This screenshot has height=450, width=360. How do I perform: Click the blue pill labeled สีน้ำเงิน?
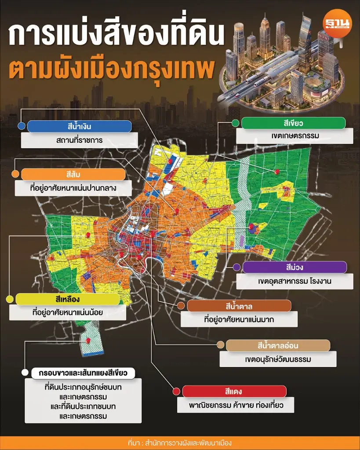(79, 127)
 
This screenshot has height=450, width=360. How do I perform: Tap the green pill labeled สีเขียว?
(295, 123)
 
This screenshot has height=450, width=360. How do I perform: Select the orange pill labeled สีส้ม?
(73, 174)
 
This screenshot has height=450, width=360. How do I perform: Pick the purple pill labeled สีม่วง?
(295, 267)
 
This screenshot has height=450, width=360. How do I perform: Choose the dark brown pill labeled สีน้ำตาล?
(239, 306)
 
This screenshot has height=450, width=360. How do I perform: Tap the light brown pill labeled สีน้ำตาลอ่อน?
(278, 345)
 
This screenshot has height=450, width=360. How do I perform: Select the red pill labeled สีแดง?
(234, 392)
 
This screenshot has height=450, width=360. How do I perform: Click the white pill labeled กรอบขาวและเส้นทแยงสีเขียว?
(83, 374)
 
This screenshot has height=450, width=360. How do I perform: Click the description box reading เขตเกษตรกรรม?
(295, 136)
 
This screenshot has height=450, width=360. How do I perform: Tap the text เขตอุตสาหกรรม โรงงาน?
(295, 281)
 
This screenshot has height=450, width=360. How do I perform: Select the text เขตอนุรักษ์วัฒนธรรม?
(278, 359)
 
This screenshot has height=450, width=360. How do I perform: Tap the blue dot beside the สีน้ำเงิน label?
(21, 127)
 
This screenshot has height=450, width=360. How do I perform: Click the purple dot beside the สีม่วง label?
(236, 267)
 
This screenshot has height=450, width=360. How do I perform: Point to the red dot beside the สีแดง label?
(176, 392)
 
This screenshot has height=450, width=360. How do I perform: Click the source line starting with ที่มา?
(180, 443)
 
